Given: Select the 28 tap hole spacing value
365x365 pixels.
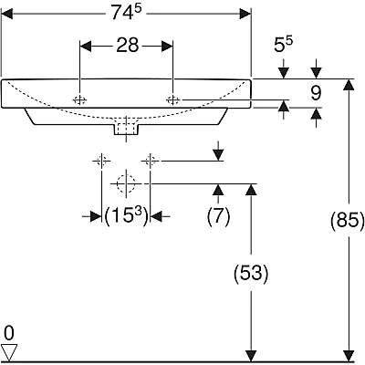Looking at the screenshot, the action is pyautogui.click(x=128, y=46).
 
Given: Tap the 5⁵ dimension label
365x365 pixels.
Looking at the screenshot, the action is pyautogui.click(x=283, y=45).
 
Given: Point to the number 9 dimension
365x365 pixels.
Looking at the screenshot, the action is pyautogui.click(x=316, y=93).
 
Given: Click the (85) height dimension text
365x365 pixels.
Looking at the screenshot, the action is pyautogui.click(x=348, y=220).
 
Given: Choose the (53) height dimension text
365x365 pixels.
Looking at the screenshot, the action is pyautogui.click(x=251, y=273).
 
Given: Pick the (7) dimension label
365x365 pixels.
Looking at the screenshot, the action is pyautogui.click(x=219, y=216).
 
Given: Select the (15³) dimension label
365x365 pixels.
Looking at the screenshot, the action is pyautogui.click(x=126, y=217).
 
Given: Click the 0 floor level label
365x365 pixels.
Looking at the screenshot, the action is pyautogui.click(x=9, y=333).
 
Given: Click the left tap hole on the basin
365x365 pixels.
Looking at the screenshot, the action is pyautogui.click(x=79, y=99).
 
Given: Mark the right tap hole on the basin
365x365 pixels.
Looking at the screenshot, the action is pyautogui.click(x=173, y=99).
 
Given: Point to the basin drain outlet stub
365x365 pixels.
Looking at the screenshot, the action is pyautogui.click(x=126, y=129).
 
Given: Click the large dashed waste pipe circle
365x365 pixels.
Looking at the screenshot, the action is pyautogui.click(x=126, y=183).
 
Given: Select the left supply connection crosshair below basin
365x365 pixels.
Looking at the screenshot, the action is pyautogui.click(x=101, y=160).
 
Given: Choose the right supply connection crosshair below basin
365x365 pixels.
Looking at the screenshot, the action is pyautogui.click(x=150, y=160).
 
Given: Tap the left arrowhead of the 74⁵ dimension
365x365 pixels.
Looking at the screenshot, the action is pyautogui.click(x=7, y=14).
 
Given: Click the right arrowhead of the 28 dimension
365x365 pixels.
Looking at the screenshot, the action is pyautogui.click(x=167, y=47).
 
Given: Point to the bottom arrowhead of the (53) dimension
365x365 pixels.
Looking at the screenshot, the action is pyautogui.click(x=251, y=356).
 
